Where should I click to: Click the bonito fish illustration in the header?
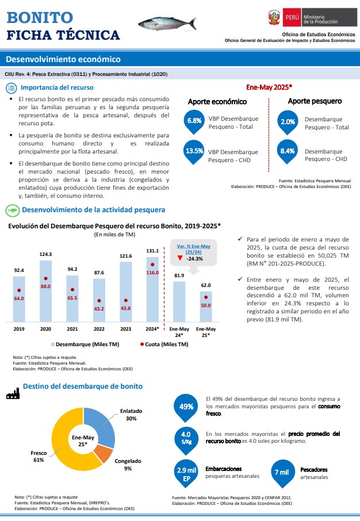point(167,23)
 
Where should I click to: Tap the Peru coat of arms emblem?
point(274,18)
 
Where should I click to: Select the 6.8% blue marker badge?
point(194,122)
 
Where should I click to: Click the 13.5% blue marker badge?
point(194,152)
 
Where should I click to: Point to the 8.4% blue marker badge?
point(288,152)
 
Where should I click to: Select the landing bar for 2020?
point(45,291)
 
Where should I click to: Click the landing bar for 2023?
point(125,292)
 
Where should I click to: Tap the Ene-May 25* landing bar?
point(206,307)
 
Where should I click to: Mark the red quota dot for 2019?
point(19,290)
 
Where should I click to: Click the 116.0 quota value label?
point(152,273)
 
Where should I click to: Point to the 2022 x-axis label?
point(99,329)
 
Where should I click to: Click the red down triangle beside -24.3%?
point(180,258)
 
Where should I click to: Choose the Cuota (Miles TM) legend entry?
point(164,344)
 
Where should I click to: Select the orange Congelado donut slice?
point(103,453)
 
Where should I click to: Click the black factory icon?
point(13,393)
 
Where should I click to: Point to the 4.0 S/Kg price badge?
point(186,439)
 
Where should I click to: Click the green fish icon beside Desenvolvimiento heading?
point(12,210)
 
